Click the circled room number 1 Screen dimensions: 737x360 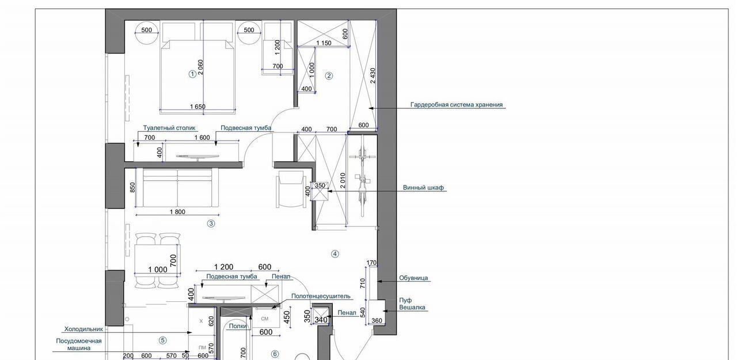(x=192, y=74)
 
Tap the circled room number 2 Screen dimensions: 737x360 (x=329, y=76)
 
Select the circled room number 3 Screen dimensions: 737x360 (x=211, y=223)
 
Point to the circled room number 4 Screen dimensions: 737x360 (x=335, y=254)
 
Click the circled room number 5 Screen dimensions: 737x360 (x=162, y=340)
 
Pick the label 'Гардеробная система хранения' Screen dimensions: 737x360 (x=457, y=105)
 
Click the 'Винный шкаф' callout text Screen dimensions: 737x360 (x=423, y=188)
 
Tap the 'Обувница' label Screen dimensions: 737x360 (x=413, y=278)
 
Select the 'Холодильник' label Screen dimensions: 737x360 (x=83, y=329)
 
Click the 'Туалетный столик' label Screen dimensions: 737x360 (x=169, y=128)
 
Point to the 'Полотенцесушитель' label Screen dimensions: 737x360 (x=321, y=296)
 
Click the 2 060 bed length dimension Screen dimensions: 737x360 (x=200, y=67)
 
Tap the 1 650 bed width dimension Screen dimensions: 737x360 (x=197, y=107)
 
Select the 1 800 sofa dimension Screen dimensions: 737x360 (x=177, y=212)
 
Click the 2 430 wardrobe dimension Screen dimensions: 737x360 (x=373, y=75)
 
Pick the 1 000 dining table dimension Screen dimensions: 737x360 (x=158, y=270)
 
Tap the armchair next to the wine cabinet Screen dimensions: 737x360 (x=291, y=189)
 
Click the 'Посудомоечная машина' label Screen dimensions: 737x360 (x=79, y=344)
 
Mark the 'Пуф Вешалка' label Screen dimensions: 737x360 (x=412, y=304)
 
